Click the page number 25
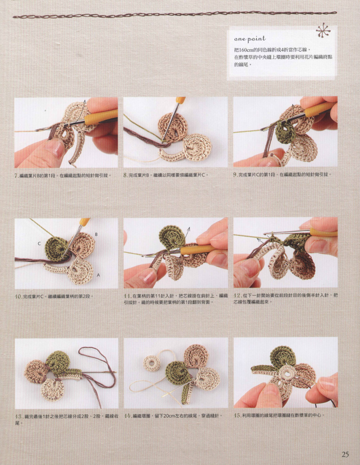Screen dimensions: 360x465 click(x=345, y=454)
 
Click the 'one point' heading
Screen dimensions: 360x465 click(x=250, y=38)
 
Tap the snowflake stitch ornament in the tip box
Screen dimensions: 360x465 click(x=323, y=31)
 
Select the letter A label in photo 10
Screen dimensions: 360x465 click(x=99, y=275)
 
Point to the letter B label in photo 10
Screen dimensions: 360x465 click(x=96, y=234)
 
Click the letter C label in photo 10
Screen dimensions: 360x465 click(x=39, y=243)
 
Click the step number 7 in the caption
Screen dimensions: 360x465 click(x=16, y=176)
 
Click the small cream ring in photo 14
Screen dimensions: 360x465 click(x=152, y=363)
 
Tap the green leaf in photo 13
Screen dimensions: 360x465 click(x=58, y=363)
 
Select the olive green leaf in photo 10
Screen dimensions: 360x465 click(x=56, y=249)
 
